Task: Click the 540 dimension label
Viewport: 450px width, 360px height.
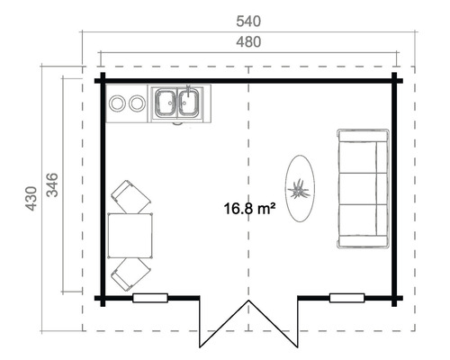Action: point(248,17)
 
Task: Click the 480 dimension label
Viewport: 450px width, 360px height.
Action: point(248,41)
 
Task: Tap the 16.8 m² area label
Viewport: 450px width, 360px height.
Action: point(248,209)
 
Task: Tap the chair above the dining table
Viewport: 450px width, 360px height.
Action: point(131,196)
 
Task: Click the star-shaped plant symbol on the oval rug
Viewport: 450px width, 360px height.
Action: point(299,189)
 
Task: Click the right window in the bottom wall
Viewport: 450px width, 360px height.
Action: point(347,298)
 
